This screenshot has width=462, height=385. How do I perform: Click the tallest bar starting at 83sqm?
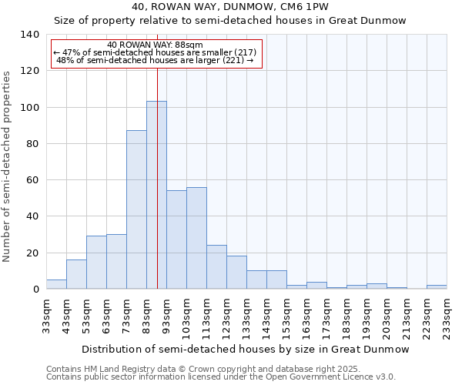156,195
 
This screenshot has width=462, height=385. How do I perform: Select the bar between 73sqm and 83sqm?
136,209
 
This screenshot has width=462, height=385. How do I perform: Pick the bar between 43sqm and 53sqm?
76,274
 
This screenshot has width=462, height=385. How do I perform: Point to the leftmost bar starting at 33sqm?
56,284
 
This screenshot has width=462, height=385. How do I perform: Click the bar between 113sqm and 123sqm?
216,267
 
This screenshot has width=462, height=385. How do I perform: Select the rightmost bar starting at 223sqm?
437,286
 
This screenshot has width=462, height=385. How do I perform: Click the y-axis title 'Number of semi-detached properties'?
8,166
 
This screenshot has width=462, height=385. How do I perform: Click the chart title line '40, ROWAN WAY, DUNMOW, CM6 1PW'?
230,7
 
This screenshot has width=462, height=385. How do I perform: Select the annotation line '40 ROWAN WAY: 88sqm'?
156,45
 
